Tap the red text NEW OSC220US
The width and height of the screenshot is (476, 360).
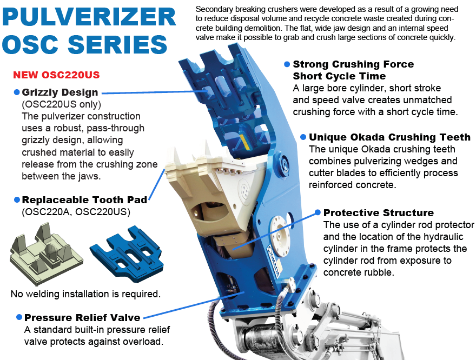coord(56,75)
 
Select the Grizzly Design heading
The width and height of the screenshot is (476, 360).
coord(60,92)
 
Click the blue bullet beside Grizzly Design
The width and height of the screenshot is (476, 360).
coord(17,92)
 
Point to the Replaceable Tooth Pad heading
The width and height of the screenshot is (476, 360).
coord(85,199)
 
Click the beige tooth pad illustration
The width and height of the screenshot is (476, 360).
coord(46,254)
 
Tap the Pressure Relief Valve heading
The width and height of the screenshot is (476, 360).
coord(82,317)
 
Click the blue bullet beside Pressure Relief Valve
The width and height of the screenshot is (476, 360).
coord(19,317)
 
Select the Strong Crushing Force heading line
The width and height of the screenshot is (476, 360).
coord(353,64)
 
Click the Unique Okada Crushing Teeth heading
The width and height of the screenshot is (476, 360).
coord(389,137)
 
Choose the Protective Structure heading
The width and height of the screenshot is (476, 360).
coord(379,212)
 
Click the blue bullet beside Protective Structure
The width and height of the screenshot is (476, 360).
coord(318,212)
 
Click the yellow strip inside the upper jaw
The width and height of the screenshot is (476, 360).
coord(244,142)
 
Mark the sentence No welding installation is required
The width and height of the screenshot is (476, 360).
coord(85,294)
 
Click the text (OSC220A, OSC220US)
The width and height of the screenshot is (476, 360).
coord(76,212)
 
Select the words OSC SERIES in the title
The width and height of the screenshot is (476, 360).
coord(85,44)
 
